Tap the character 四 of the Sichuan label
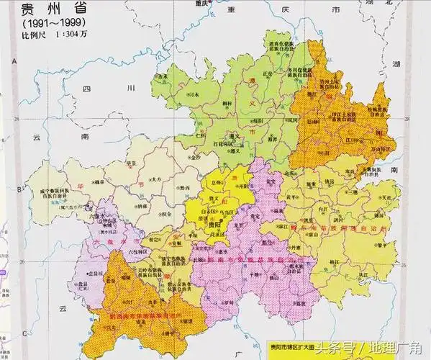(x=87, y=90)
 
